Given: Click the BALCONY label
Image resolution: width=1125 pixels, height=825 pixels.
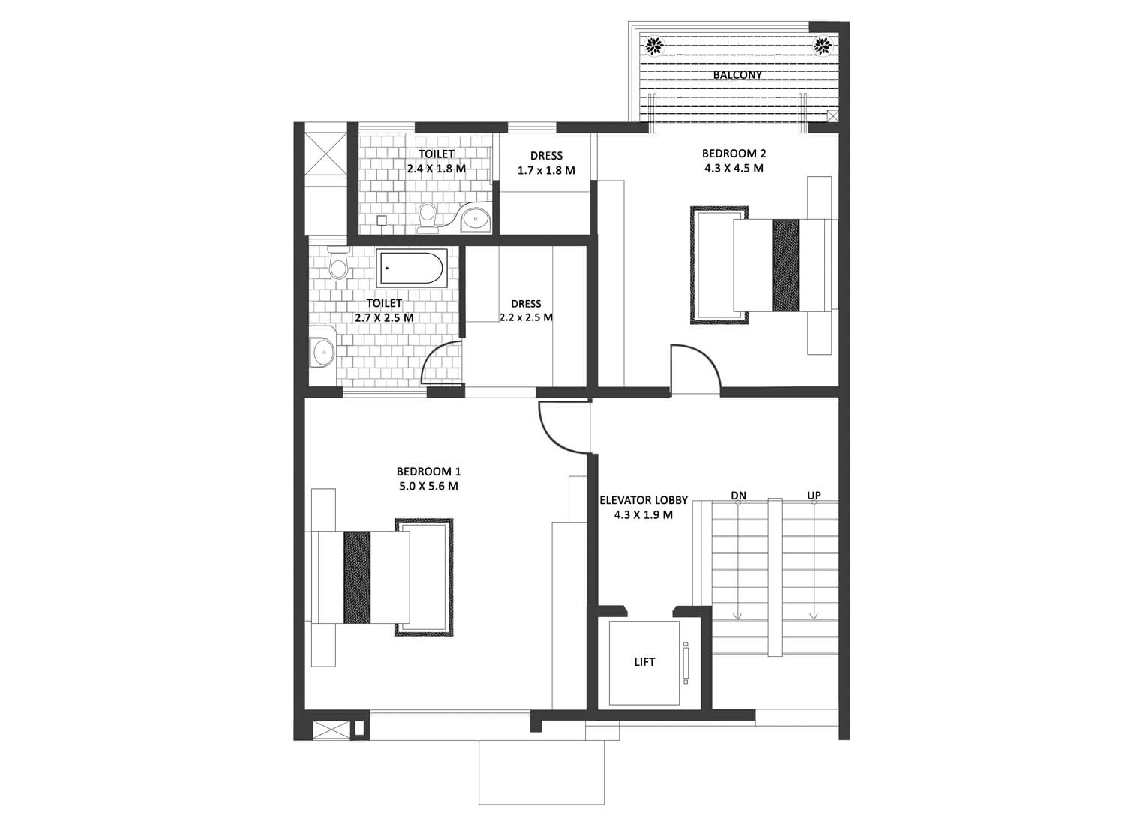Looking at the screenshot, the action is coord(737,75).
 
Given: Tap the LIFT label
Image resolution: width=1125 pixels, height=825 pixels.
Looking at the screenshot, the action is coord(644,661).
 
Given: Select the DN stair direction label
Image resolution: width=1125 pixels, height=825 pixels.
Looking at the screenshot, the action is coord(738,496).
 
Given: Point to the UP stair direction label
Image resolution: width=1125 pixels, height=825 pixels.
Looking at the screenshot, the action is coord(814,496).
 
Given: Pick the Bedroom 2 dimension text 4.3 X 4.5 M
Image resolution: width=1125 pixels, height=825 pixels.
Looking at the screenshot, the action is coord(733,168).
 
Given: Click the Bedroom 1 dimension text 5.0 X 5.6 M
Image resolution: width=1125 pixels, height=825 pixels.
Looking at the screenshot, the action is coord(428,486).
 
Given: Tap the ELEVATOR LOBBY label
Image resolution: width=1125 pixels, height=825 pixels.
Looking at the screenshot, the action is coord(643,500).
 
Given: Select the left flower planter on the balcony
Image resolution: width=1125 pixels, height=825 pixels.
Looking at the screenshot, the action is coord(653,46).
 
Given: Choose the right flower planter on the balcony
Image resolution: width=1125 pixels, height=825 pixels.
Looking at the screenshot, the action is coord(823,46).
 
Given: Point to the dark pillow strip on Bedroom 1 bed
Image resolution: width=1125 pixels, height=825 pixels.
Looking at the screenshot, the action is coord(357,577).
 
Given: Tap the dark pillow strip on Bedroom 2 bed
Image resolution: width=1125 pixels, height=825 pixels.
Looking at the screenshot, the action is coord(786,265).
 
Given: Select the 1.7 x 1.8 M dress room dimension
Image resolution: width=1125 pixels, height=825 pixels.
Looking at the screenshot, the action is coord(546,171).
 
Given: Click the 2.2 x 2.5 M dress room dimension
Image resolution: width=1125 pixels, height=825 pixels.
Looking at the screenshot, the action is coord(526,317).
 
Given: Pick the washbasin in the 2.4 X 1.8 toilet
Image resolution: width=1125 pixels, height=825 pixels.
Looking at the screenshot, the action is coord(475,218).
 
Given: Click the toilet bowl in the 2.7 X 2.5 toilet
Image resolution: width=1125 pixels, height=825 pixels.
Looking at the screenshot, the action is coord(338,262).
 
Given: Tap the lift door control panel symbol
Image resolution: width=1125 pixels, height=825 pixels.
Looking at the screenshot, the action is coord(685,663).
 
